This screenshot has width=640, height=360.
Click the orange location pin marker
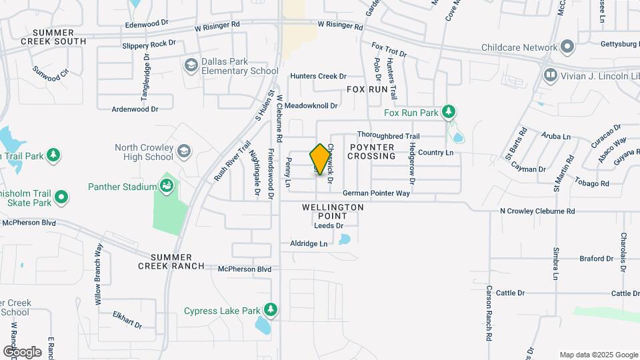point(320,159)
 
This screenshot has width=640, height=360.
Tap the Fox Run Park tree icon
point(450,111)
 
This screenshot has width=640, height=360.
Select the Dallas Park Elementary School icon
point(191,65)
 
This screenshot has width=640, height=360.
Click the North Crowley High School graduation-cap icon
point(183,152)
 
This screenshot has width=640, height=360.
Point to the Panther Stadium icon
point(167,185)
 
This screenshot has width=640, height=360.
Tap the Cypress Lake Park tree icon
point(270,309)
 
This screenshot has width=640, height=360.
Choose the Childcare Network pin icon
point(567,47)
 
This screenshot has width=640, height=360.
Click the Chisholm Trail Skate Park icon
point(61,197)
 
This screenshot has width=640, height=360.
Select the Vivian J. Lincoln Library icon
point(550,75)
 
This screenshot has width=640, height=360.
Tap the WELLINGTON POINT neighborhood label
point(333,211)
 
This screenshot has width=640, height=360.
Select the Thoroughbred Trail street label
point(388,135)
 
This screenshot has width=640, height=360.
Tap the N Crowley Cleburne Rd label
point(537,211)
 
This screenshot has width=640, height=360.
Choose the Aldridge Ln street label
point(309,244)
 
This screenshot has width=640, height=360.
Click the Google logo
point(22,351)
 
